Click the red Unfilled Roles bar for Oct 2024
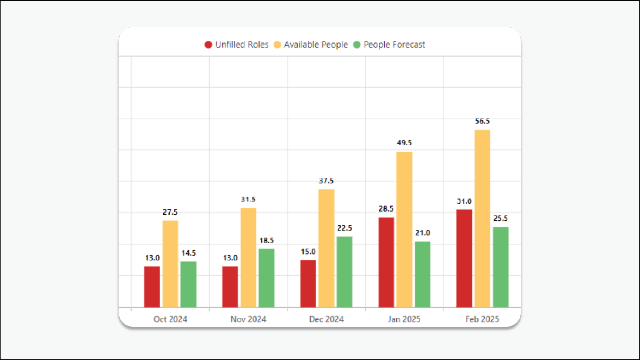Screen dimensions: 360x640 pos(152,287)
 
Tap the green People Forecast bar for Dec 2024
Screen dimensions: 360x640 pos(344,272)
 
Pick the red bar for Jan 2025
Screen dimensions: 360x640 pos(386,262)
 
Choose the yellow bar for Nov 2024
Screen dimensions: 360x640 pos(248,257)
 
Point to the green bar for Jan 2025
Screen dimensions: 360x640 pos(422,274)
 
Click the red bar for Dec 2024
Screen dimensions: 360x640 pos(308,283)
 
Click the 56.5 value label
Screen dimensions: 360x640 pos(482,121)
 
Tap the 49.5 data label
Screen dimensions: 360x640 pos(404,143)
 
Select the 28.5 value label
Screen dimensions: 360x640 pos(386,209)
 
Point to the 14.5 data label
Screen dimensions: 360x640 pos(188,253)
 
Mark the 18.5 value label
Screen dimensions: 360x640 pos(267,240)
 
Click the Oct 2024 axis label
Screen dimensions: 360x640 pos(170,319)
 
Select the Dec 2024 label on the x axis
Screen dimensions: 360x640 pos(327,319)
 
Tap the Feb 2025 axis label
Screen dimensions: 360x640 pos(482,319)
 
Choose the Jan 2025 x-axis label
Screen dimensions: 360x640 pos(404,319)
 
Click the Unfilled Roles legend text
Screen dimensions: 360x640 pos(242,45)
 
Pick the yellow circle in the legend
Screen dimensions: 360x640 pos(278,45)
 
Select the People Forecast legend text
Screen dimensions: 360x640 pos(395,45)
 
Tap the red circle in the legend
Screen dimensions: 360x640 pos(208,45)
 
